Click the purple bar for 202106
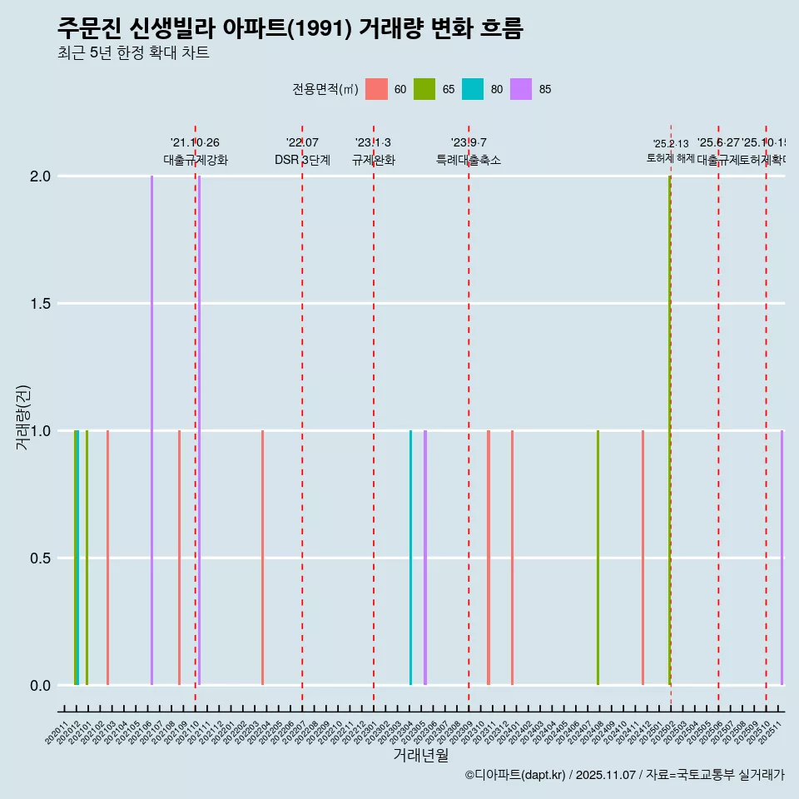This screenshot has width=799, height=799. click(151, 430)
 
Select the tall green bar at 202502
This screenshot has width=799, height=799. click(669, 430)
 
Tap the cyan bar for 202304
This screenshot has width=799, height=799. click(410, 558)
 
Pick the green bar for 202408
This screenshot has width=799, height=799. click(598, 558)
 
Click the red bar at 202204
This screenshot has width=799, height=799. click(262, 558)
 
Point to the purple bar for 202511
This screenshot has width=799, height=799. click(782, 558)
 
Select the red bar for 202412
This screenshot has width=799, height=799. click(643, 558)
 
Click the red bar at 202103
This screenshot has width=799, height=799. click(107, 558)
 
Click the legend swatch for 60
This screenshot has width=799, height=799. click(377, 89)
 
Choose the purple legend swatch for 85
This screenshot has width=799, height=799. click(521, 89)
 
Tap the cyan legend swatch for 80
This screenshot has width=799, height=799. click(473, 89)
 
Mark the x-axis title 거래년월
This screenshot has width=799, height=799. click(420, 755)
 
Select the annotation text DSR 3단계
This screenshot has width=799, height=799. click(302, 161)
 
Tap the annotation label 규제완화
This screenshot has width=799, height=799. click(373, 161)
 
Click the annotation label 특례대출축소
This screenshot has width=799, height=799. click(469, 161)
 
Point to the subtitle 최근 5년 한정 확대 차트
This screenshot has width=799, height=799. click(133, 53)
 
